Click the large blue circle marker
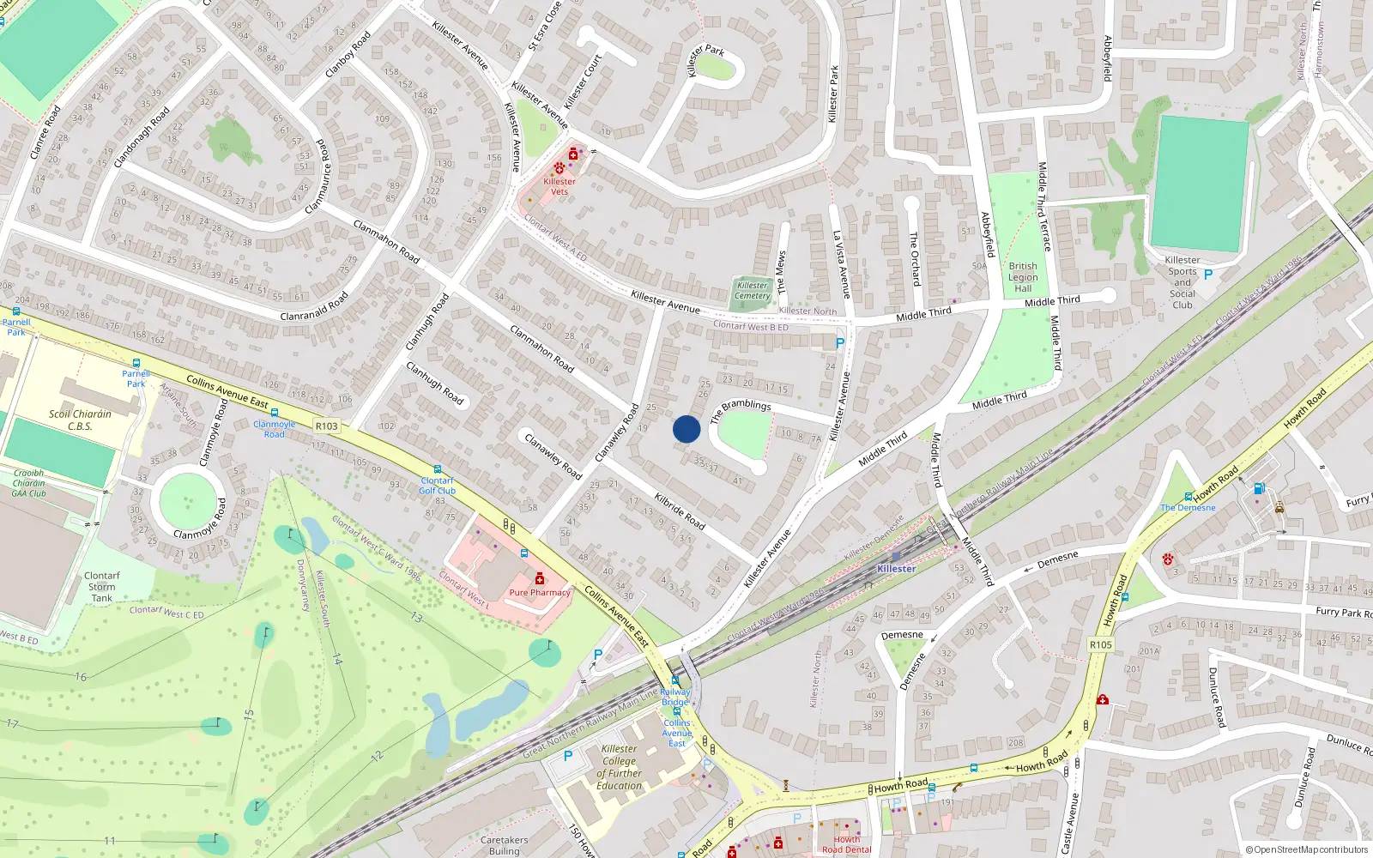[686, 429]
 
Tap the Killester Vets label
[559, 186]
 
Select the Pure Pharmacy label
[540, 592]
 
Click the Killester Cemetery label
[753, 291]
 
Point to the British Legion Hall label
[1023, 277]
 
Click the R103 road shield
[326, 426]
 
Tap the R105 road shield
[1100, 644]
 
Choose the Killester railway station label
[897, 569]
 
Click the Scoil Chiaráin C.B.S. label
[80, 420]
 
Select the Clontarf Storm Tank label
[102, 587]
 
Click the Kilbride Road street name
[680, 510]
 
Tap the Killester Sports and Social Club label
[1182, 282]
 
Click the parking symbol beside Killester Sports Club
[1208, 275]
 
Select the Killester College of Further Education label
[619, 767]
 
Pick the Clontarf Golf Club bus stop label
[437, 486]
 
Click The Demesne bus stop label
[1188, 507]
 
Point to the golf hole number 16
[80, 677]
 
